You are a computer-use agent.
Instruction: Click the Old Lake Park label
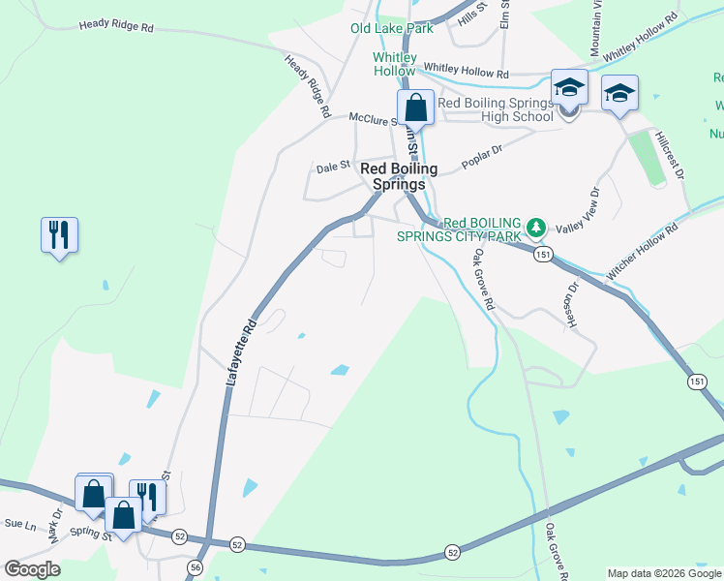(391, 28)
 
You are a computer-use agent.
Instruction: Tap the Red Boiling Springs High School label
(496, 109)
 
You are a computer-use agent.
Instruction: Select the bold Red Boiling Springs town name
(399, 176)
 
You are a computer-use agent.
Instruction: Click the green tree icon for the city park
(536, 229)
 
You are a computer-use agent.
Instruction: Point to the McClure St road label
(374, 118)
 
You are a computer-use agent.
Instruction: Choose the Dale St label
(333, 168)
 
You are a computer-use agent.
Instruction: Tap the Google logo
(32, 568)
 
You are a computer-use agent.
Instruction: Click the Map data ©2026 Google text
(663, 573)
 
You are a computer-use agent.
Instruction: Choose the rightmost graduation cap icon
(619, 94)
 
